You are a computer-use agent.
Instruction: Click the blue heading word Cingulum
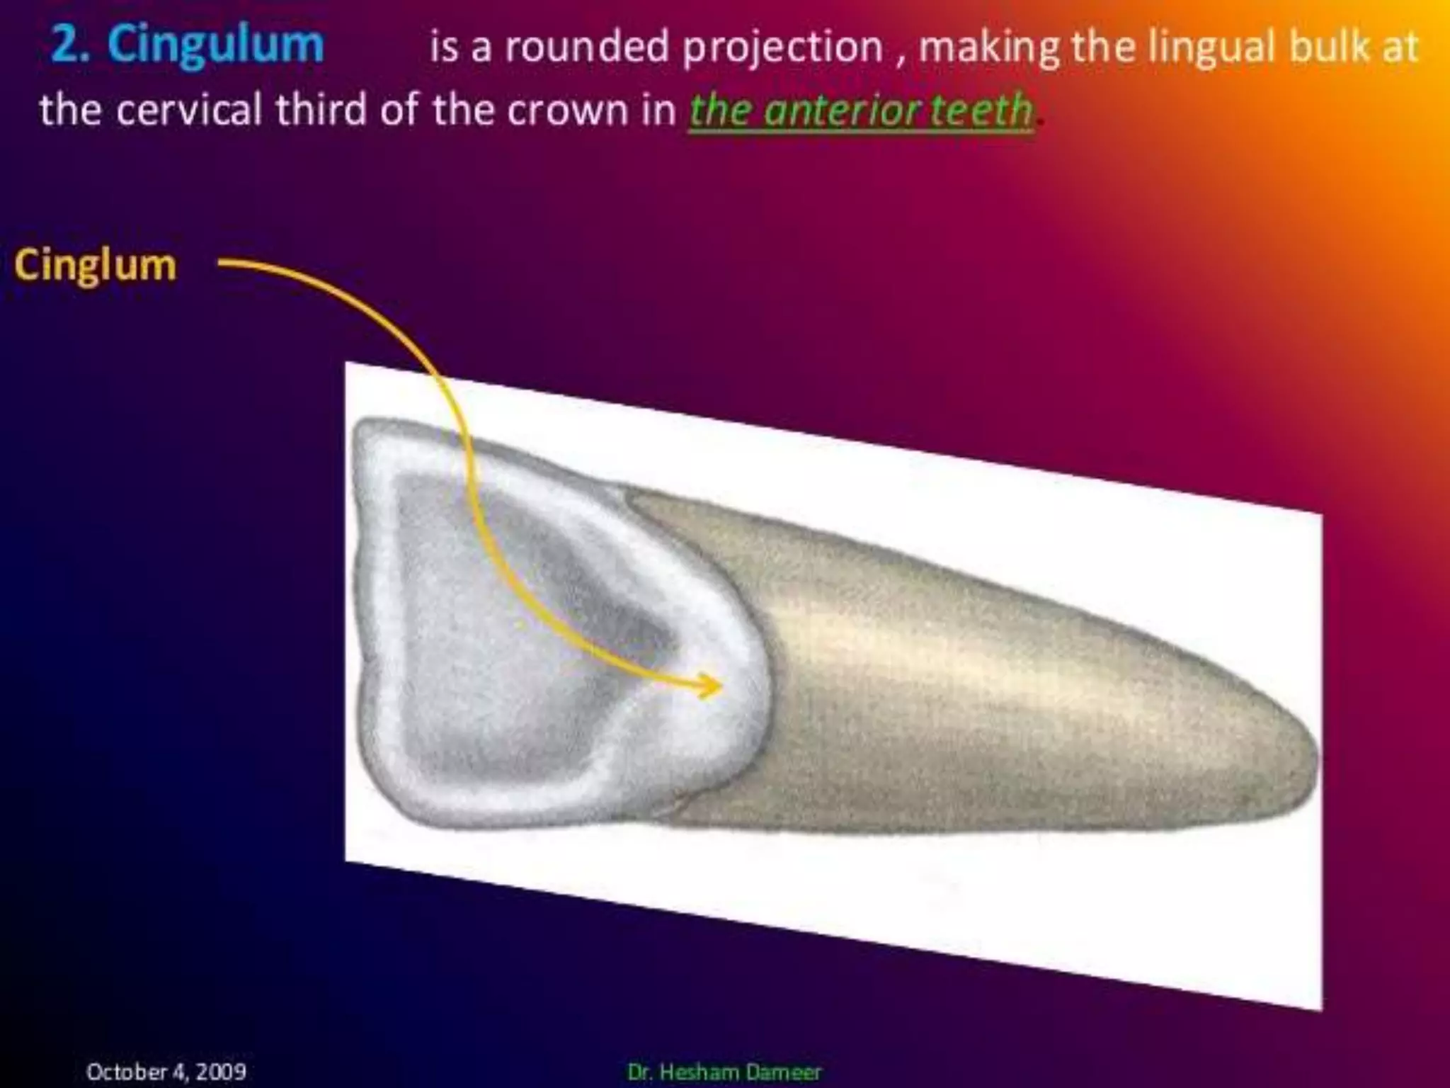(x=216, y=45)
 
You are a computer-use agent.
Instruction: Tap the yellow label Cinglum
(x=95, y=266)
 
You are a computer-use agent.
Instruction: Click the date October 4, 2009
(x=166, y=1072)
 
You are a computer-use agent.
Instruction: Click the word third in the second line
(x=321, y=110)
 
